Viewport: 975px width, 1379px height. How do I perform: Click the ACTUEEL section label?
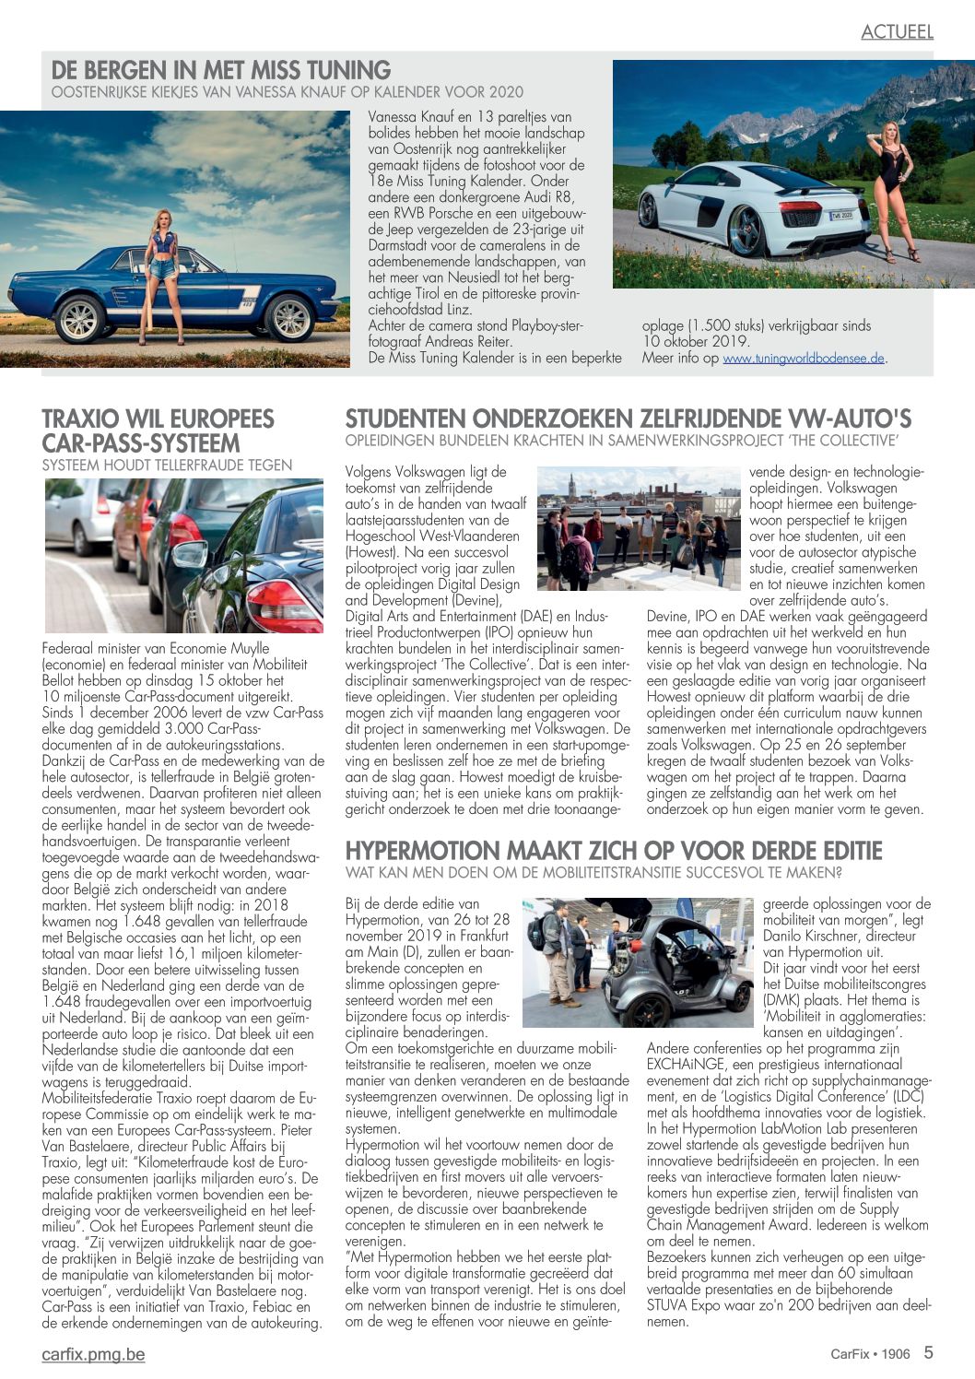click(897, 31)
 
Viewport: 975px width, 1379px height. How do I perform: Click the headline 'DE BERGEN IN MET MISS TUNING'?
click(221, 70)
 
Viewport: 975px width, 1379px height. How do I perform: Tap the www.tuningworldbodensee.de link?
click(803, 359)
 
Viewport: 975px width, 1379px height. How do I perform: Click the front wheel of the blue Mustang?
click(79, 319)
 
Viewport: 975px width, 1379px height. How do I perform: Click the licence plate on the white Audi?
click(841, 216)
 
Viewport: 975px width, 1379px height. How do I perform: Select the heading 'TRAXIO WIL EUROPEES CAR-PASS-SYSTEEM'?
click(158, 430)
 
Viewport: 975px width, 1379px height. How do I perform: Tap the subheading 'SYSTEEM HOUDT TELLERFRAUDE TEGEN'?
click(167, 466)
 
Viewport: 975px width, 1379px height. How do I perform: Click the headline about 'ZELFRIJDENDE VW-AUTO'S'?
click(628, 419)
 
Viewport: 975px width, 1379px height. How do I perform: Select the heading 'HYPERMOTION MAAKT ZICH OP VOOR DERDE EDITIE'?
click(613, 850)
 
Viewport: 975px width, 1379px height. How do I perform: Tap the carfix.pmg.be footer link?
click(93, 1354)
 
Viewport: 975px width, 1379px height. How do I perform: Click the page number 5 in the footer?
click(928, 1352)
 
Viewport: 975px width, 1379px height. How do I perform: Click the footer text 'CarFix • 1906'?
click(869, 1354)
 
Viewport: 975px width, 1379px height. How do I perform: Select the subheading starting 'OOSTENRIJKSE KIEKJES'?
click(287, 91)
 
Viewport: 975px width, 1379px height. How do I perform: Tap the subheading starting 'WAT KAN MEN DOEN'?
click(593, 872)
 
